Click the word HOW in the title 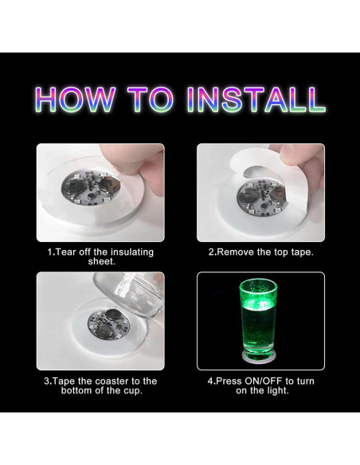(x=76, y=99)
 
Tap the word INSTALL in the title (x=256, y=99)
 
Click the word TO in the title (x=151, y=99)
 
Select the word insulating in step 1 (x=132, y=252)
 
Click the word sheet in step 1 (x=100, y=262)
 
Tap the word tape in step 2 (x=302, y=252)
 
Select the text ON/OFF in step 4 (x=264, y=381)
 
